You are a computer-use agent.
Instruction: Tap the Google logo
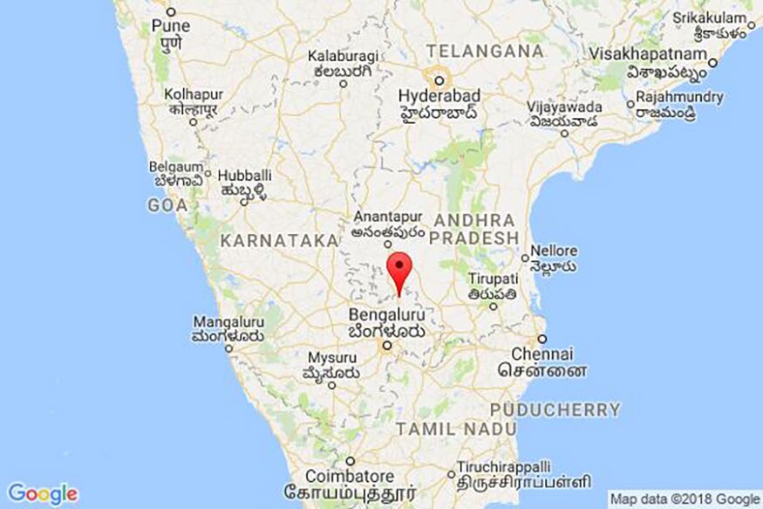(x=42, y=493)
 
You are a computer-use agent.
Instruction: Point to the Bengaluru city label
(x=385, y=313)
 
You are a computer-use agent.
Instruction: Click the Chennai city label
(x=543, y=354)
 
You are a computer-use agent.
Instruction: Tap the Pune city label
(x=170, y=26)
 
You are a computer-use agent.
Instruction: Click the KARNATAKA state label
(x=278, y=239)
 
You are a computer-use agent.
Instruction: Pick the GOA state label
(x=167, y=205)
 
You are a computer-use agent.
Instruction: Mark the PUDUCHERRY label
(x=555, y=409)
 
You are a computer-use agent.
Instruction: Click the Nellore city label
(x=554, y=251)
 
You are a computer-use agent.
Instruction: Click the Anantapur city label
(x=387, y=217)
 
